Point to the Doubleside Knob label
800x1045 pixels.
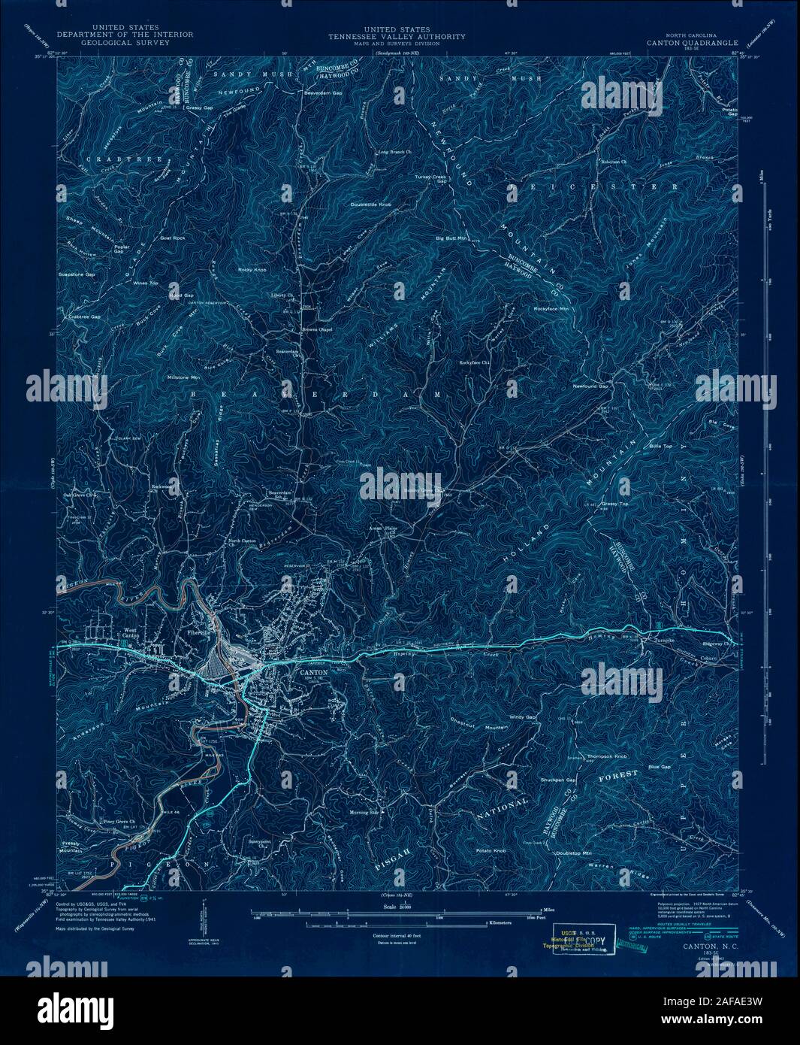(x=371, y=204)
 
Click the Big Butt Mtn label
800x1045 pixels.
(x=452, y=238)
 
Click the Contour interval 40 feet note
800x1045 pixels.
(x=400, y=934)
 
